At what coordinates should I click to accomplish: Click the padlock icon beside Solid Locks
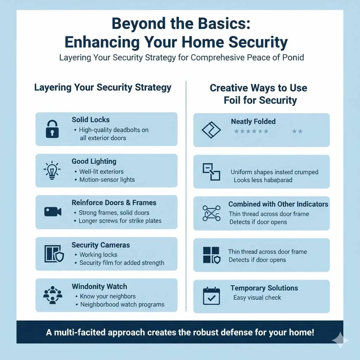click(x=52, y=129)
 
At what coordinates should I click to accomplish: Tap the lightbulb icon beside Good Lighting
click(x=52, y=170)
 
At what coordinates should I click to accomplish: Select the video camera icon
click(x=53, y=212)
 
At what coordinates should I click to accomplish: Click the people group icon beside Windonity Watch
click(x=52, y=295)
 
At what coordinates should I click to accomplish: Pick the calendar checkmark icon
click(x=211, y=296)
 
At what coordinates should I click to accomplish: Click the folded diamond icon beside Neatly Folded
click(x=211, y=130)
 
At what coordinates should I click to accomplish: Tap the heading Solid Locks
click(x=91, y=120)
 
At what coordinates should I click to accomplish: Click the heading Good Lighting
click(x=94, y=161)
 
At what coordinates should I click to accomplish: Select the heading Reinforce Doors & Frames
click(x=114, y=203)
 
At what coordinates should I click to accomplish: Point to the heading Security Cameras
click(x=101, y=245)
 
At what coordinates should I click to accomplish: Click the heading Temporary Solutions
click(x=264, y=288)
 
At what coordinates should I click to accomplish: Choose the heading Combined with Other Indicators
click(x=278, y=204)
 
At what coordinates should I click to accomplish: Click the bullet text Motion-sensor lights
click(x=107, y=180)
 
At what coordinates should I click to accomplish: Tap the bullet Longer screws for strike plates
click(x=120, y=221)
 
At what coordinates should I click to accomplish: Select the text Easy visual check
click(x=257, y=298)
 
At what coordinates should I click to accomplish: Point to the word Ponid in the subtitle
click(x=293, y=57)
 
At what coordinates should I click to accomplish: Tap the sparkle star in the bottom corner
click(x=340, y=340)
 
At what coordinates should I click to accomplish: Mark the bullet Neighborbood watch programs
click(x=122, y=304)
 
